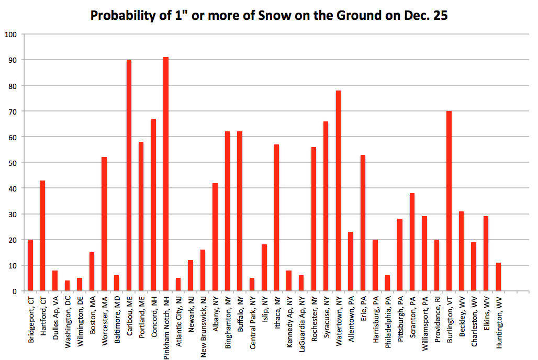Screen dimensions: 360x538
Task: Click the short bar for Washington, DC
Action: point(67,286)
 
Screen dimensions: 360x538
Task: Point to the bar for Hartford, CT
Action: point(42,235)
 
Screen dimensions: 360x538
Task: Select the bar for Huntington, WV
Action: point(498,277)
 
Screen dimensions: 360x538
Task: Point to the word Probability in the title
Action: point(121,16)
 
